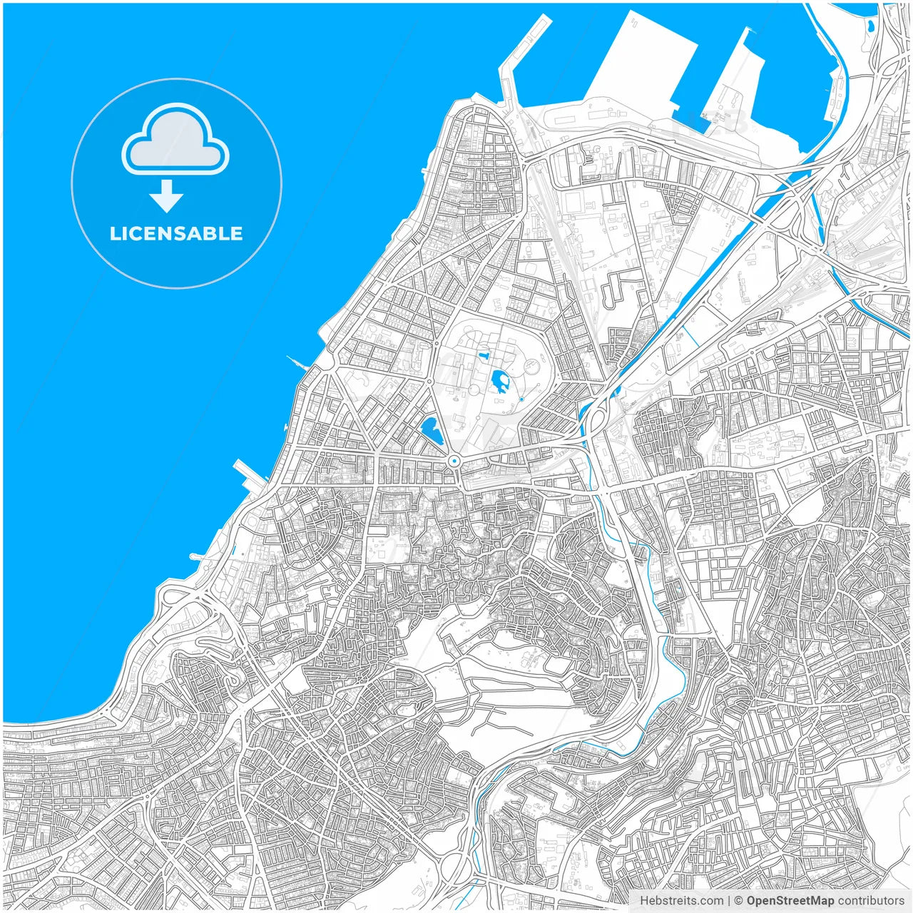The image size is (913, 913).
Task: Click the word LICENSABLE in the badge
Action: pyautogui.click(x=176, y=234)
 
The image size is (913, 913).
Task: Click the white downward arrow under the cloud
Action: pyautogui.click(x=167, y=196)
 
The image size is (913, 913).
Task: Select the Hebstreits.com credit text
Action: pyautogui.click(x=681, y=901)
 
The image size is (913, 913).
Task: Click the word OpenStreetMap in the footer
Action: pyautogui.click(x=790, y=901)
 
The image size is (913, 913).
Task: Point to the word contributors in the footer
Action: pyautogui.click(x=871, y=901)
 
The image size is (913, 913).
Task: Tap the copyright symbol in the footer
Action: pyautogui.click(x=739, y=901)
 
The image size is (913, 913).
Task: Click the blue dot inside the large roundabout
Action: pyautogui.click(x=454, y=461)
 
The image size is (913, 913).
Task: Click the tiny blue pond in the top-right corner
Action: pyautogui.click(x=871, y=26)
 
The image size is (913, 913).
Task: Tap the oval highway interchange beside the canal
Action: pyautogui.click(x=594, y=421)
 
